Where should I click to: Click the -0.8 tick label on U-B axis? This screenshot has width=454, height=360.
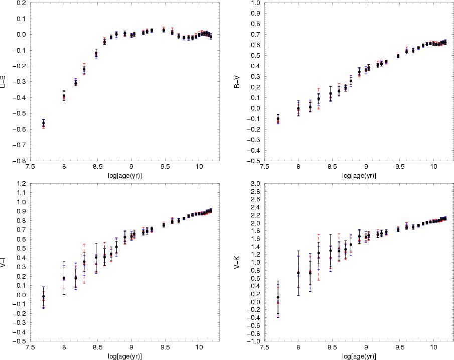(x=20, y=161)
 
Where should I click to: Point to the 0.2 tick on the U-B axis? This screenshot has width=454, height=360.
(x=22, y=3)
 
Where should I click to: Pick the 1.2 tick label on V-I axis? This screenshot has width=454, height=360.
(x=22, y=184)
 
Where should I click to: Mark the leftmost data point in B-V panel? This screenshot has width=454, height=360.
(x=278, y=119)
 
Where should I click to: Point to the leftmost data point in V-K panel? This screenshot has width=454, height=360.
(x=278, y=298)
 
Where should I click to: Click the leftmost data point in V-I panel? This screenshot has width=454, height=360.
(x=44, y=297)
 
